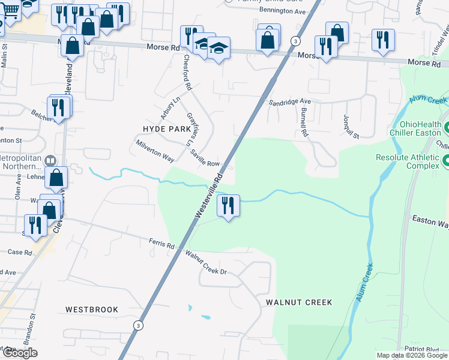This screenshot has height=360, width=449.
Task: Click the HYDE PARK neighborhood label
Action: (166, 129)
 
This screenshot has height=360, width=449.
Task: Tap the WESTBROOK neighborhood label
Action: (92, 310)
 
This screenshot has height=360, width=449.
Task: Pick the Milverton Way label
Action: (155, 151)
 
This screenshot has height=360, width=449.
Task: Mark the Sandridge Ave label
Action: (289, 103)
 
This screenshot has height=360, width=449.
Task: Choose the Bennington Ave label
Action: (282, 11)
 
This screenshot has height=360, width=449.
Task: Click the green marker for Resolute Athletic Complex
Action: (445, 161)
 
